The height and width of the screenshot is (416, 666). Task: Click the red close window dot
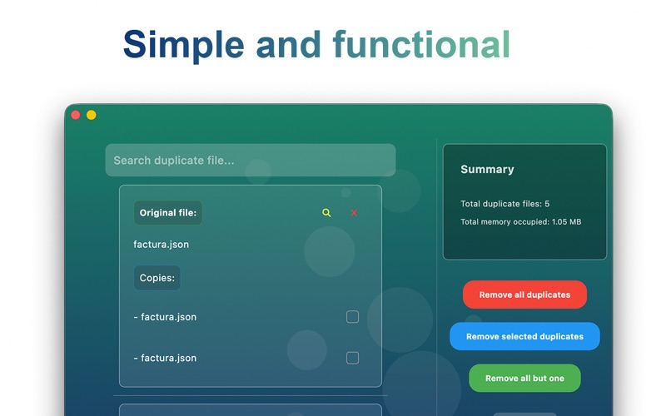tap(76, 115)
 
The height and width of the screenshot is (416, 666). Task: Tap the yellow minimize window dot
tap(92, 115)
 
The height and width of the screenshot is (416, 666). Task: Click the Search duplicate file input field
tap(251, 160)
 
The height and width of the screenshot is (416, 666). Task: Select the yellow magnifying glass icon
tap(326, 213)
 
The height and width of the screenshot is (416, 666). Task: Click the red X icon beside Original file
tap(354, 213)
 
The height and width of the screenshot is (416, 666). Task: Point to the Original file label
tap(168, 213)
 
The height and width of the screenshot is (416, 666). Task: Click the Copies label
tap(157, 278)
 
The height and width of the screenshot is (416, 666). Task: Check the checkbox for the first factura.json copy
tap(352, 317)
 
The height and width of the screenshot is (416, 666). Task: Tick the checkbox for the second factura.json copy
tap(352, 358)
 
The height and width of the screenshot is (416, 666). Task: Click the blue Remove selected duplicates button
tap(524, 336)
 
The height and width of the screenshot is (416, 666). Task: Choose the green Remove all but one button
tap(524, 378)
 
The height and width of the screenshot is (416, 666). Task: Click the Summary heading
tap(487, 169)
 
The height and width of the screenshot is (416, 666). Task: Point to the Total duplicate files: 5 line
tap(505, 204)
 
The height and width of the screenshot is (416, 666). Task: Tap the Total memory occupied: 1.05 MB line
tap(521, 221)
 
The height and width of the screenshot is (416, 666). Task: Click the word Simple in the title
tap(183, 45)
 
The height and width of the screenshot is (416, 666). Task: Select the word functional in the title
tap(421, 44)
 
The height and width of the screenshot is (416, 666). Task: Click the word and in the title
tap(288, 44)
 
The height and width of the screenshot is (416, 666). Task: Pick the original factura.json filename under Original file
tap(161, 244)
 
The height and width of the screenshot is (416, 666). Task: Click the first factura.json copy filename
tap(165, 317)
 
